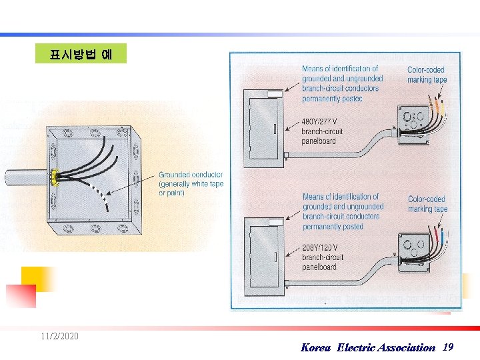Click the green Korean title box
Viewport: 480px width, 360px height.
[x=81, y=53]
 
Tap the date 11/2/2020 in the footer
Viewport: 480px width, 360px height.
[x=59, y=336]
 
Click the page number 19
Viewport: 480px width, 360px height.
[x=448, y=347]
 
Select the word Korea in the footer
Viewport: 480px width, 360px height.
[x=315, y=347]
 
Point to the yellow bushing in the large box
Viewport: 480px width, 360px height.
[x=52, y=177]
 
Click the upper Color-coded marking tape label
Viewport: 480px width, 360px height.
[x=427, y=75]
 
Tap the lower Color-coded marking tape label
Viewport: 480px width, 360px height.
[x=427, y=204]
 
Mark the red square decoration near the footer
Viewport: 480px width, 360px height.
[x=21, y=296]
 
